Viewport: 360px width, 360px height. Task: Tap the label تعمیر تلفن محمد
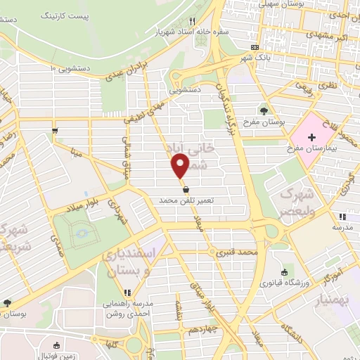185,201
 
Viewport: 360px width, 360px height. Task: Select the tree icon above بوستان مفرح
264,110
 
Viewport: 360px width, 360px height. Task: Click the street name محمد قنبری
237,251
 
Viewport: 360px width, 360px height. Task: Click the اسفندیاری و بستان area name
127,264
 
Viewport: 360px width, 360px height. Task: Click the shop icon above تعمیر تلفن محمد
185,190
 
